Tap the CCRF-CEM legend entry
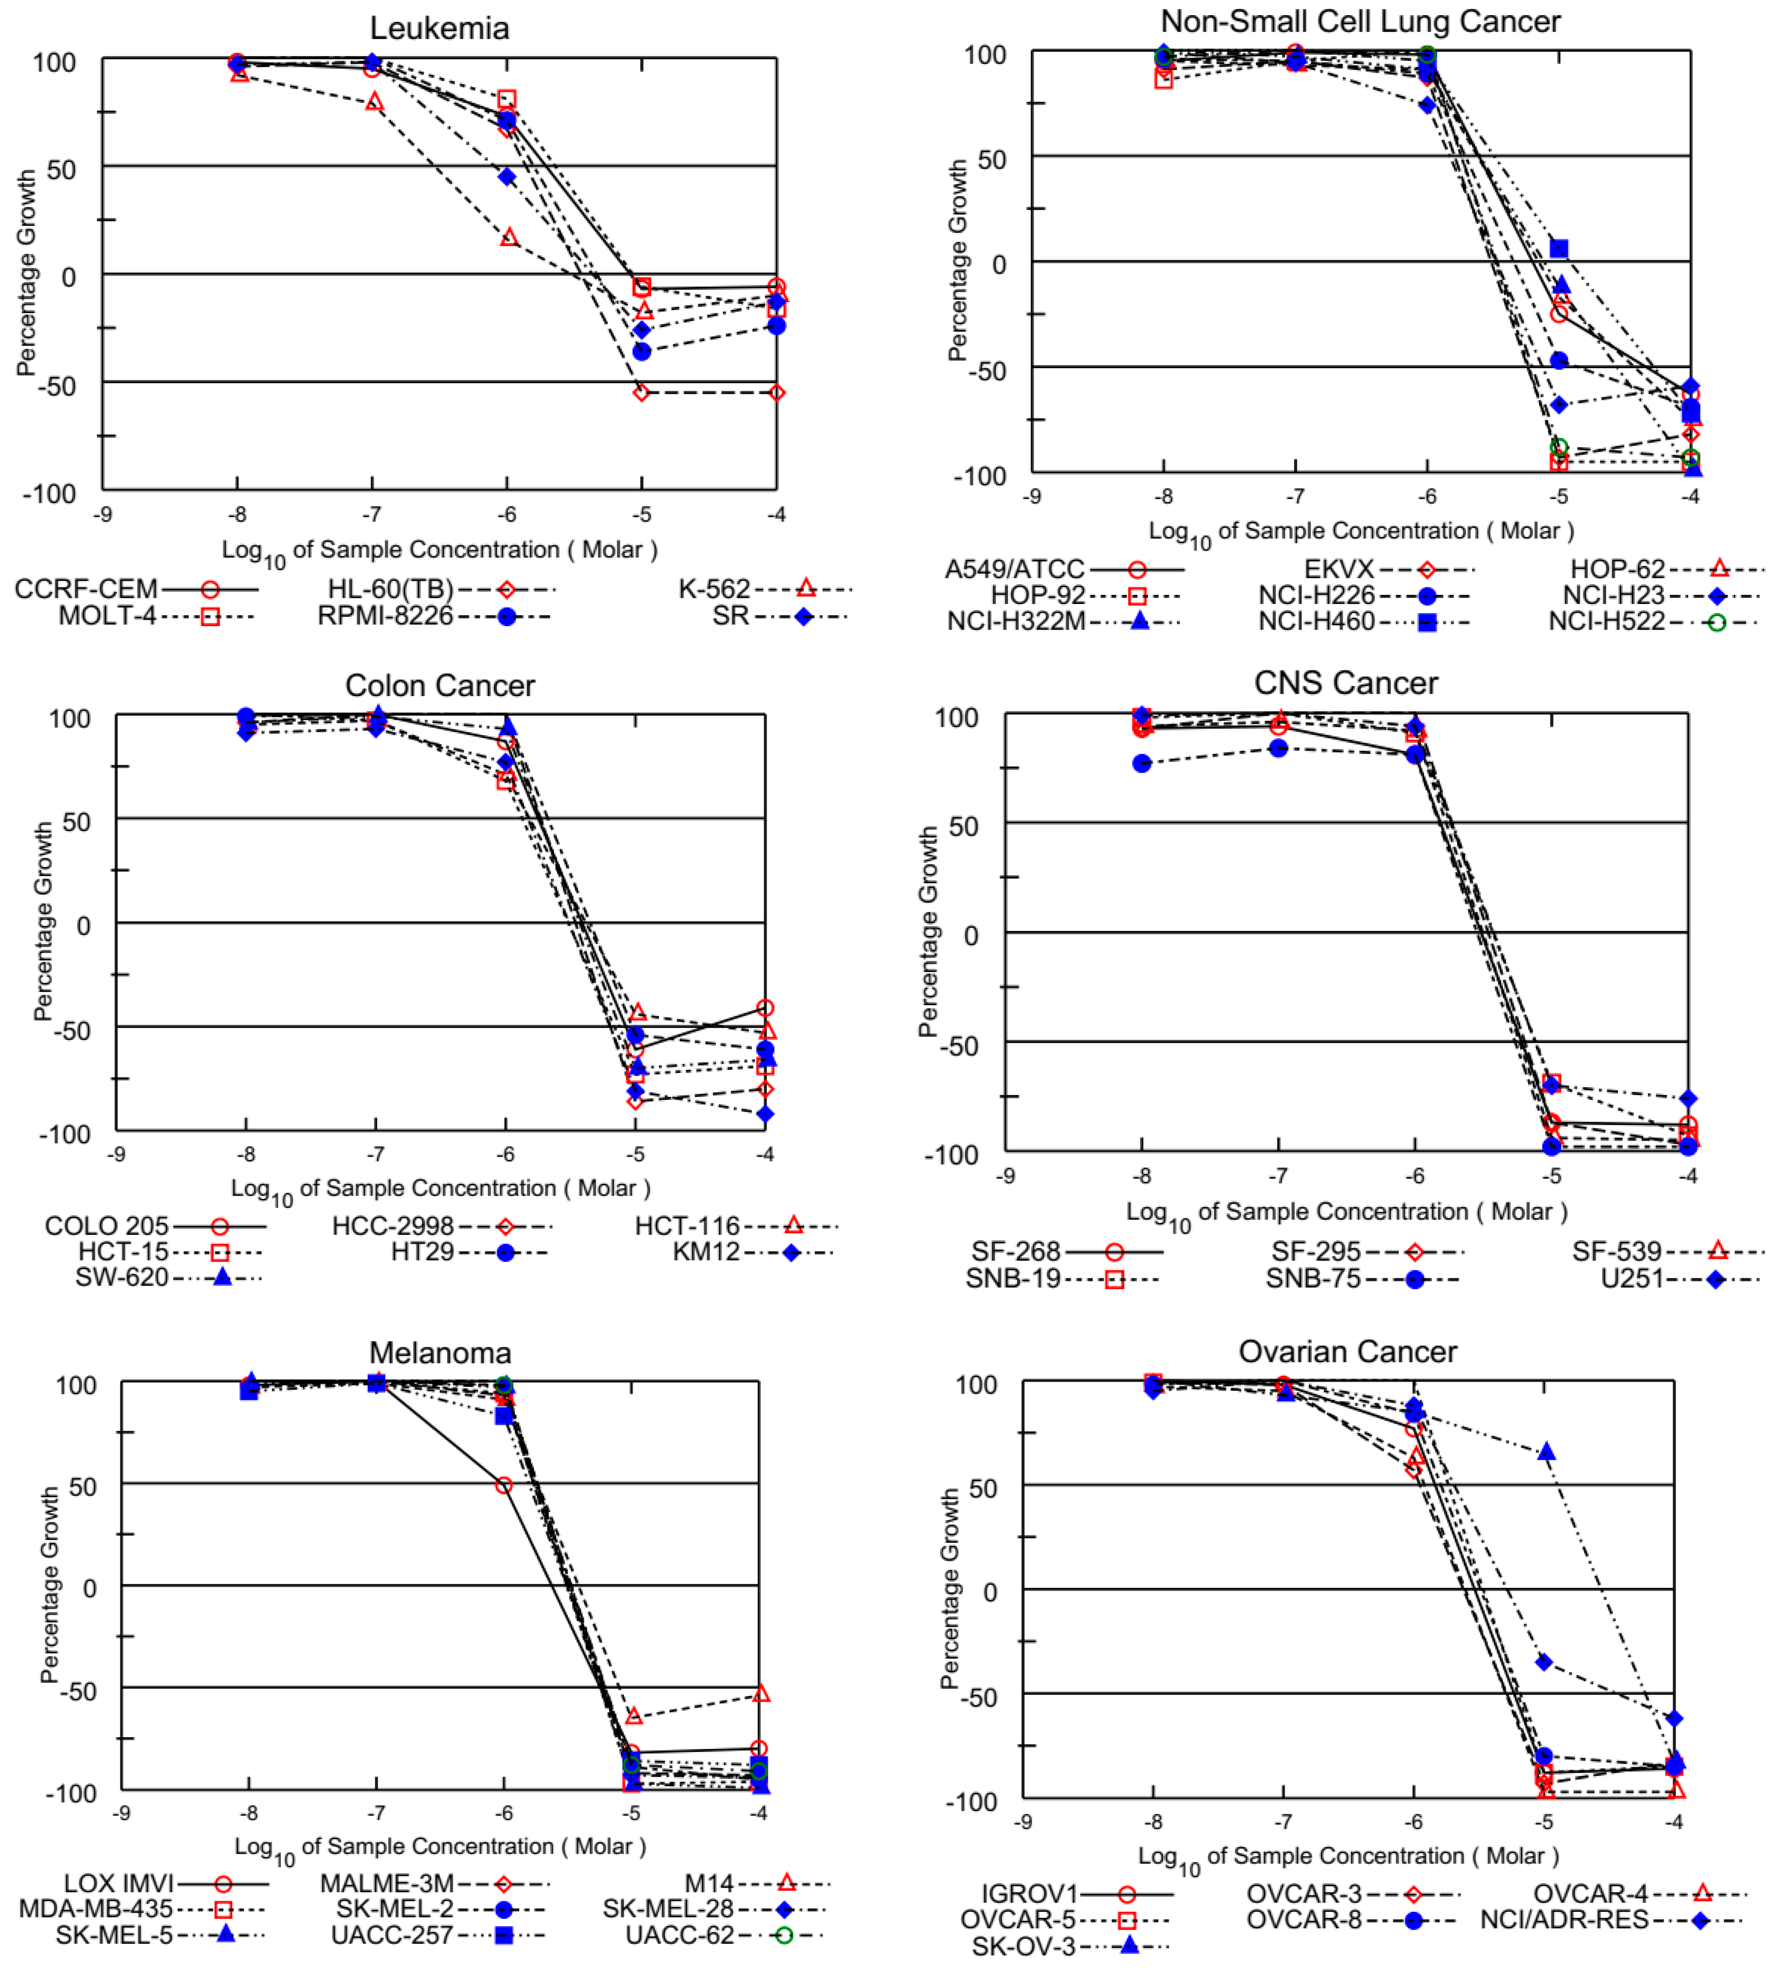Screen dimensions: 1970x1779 pyautogui.click(x=86, y=589)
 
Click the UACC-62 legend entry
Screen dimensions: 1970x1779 pyautogui.click(x=679, y=1935)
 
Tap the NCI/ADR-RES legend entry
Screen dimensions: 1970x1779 pyautogui.click(x=1563, y=1919)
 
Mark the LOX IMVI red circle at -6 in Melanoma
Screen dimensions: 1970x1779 pyautogui.click(x=504, y=1485)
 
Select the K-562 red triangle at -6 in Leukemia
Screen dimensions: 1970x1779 pyautogui.click(x=508, y=238)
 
